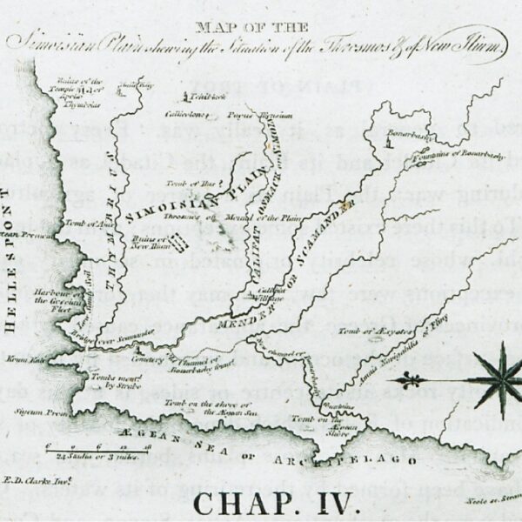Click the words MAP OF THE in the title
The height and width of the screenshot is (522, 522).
(260, 26)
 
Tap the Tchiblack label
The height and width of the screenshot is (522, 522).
(198, 98)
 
